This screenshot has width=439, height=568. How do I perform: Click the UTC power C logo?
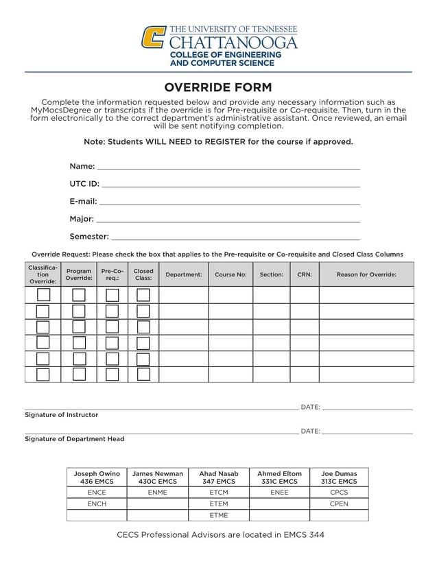(x=153, y=37)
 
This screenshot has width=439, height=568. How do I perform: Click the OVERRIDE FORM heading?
(x=218, y=87)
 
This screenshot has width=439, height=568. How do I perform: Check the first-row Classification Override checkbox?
(x=43, y=295)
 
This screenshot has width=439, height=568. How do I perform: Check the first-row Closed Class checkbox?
(x=143, y=295)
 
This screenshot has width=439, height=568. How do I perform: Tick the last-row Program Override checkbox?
(x=79, y=375)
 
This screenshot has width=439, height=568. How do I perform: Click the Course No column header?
(x=230, y=274)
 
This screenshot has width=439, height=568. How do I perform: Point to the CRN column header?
(x=305, y=274)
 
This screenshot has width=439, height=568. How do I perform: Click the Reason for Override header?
(x=366, y=274)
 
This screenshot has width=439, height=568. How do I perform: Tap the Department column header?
(x=184, y=274)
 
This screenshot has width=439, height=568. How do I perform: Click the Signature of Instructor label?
(x=62, y=415)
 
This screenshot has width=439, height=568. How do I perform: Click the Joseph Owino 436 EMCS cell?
(x=97, y=477)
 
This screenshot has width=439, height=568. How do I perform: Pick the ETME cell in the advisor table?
(x=219, y=515)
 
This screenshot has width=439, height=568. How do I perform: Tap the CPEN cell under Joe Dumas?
(x=339, y=504)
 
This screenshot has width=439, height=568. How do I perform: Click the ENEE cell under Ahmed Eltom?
(x=279, y=493)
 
